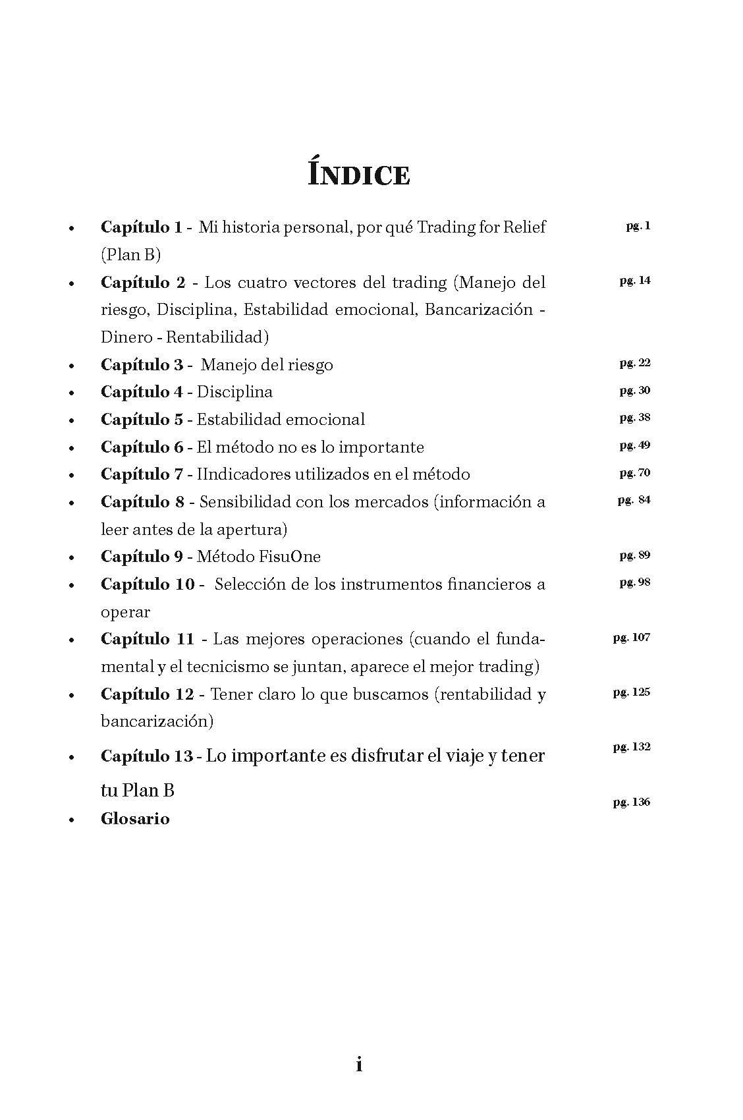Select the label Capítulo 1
coord(141,227)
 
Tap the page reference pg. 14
coord(634,281)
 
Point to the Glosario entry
coord(135,819)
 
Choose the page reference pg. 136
coord(631,802)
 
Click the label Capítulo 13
coord(147,756)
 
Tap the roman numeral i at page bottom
coord(359,1064)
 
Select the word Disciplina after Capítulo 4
coord(234,392)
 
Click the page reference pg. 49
coord(634,445)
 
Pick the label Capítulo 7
coord(142,474)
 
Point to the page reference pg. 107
coord(631,638)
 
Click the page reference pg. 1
coord(638,226)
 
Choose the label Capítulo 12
coord(148,694)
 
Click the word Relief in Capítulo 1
coord(524,227)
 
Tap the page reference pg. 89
coord(634,555)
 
